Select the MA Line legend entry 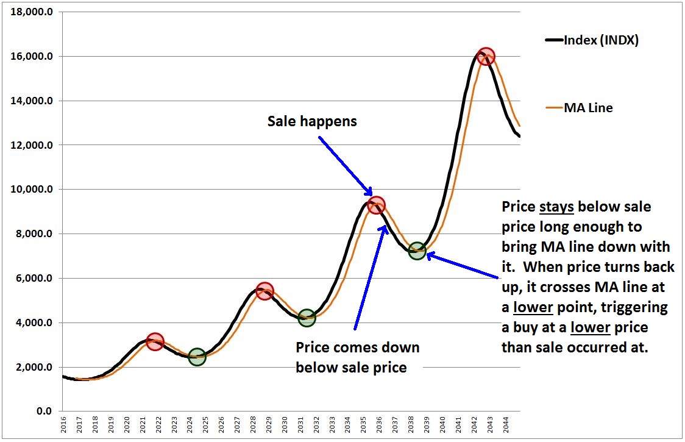[580, 108]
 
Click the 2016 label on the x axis [63, 426]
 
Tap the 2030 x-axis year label [284, 426]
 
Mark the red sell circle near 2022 [155, 341]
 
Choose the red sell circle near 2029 [264, 291]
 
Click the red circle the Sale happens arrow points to [377, 204]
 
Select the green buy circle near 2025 [197, 357]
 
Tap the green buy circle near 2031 [307, 317]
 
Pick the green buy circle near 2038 [417, 251]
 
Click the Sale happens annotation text [312, 121]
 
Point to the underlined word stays [556, 207]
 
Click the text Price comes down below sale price [358, 357]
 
